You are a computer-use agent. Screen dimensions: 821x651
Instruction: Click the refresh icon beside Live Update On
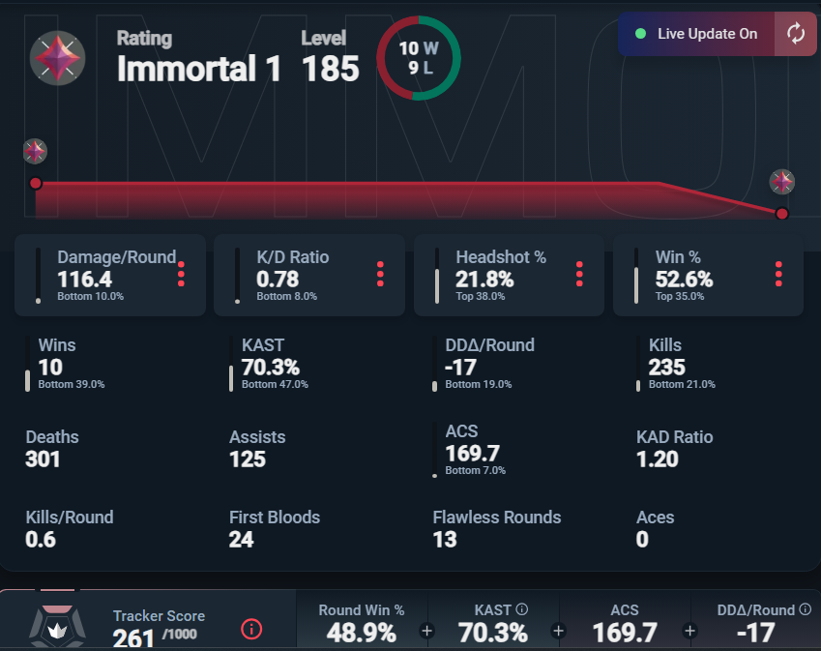(795, 34)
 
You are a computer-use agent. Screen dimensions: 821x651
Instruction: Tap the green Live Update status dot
(640, 34)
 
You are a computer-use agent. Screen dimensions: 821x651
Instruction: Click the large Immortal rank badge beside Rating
(58, 58)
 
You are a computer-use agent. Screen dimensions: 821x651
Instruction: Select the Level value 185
(331, 69)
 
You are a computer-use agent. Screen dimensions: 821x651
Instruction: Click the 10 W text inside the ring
(419, 48)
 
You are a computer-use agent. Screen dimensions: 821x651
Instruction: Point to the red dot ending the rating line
(781, 213)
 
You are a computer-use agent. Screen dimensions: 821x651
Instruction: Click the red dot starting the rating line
(36, 183)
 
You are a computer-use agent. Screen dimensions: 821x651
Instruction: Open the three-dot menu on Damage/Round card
(181, 274)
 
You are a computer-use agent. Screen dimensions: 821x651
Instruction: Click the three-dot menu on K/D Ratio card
(380, 274)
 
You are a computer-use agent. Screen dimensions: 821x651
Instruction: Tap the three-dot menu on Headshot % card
(579, 274)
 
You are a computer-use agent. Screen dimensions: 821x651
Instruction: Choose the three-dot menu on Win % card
(778, 274)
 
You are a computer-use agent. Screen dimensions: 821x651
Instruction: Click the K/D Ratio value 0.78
(278, 280)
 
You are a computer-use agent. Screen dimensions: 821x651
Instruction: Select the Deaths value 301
(43, 459)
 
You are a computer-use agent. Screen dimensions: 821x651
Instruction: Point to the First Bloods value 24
(242, 540)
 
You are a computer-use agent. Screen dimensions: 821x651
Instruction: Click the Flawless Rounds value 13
(445, 540)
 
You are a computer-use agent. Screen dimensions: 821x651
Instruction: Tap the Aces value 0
(642, 540)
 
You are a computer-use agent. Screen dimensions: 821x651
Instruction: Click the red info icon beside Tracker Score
(251, 629)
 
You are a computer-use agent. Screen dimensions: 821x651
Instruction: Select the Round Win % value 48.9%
(362, 633)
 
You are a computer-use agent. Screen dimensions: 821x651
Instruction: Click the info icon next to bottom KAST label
(521, 609)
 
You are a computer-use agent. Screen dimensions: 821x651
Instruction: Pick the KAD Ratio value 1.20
(658, 459)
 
